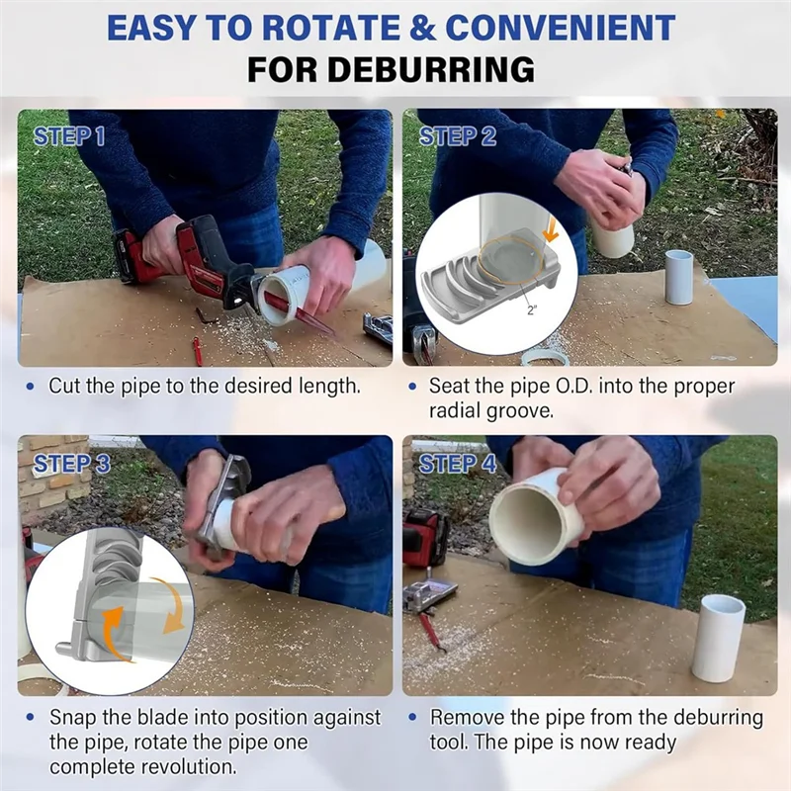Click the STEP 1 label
pos(69,136)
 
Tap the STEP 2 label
pos(458,136)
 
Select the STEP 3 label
pos(71,464)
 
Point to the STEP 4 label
pos(458,464)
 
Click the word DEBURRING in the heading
pos(391,69)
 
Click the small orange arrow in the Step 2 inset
pos(551,232)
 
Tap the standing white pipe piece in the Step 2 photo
pos(679,277)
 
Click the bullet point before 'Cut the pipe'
pos(31,387)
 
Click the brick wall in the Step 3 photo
pos(54,480)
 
